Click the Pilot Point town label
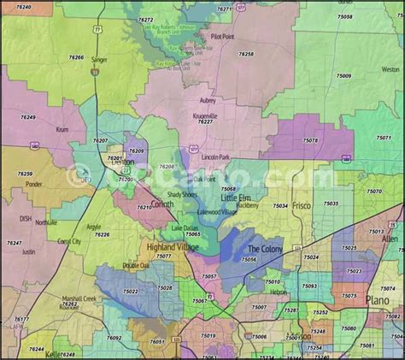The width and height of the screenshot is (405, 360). [x=222, y=38]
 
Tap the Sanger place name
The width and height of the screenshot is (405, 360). [x=99, y=60]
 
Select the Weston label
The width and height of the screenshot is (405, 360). [x=390, y=69]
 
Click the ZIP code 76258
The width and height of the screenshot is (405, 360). [x=246, y=54]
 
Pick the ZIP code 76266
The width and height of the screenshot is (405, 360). [x=76, y=58]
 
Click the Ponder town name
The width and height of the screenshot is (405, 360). [x=34, y=183]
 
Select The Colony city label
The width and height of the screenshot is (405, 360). [x=263, y=249]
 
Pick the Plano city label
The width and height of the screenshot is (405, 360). [x=377, y=300]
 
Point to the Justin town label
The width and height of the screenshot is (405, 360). [x=28, y=251]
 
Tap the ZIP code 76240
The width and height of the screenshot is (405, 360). [x=24, y=7]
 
